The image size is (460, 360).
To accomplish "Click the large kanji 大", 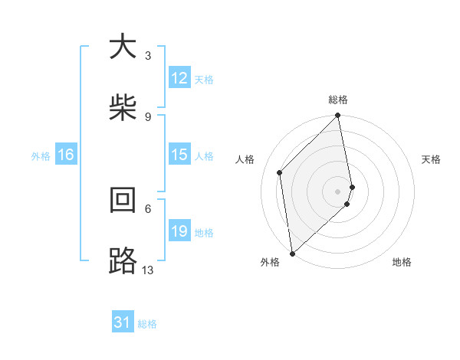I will tap(123, 47).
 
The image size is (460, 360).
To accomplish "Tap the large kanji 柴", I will tap(123, 108).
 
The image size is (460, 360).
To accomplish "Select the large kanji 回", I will tap(123, 200).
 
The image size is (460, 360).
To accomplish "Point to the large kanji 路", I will tap(123, 261).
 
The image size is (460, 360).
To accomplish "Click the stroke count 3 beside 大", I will tap(148, 56).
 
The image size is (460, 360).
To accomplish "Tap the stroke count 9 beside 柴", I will tap(148, 117).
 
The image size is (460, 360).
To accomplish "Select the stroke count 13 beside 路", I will tap(148, 270).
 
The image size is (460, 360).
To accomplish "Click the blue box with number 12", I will tap(179, 78).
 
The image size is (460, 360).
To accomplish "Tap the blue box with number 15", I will tap(179, 155).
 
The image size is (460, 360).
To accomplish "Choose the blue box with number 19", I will tap(179, 231).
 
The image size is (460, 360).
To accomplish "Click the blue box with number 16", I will tap(66, 155).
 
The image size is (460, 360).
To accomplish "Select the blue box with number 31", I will tap(123, 323).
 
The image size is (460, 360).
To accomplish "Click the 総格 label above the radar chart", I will tap(338, 100).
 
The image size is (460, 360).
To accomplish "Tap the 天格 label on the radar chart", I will tap(432, 159).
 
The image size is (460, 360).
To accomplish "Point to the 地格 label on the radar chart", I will tap(402, 263).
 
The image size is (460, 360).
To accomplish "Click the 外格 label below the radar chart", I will tap(269, 263).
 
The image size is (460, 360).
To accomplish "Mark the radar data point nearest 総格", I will tap(338, 116).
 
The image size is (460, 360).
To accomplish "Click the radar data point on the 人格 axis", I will tap(280, 172).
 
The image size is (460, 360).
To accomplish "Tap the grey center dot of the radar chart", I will tap(338, 191).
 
